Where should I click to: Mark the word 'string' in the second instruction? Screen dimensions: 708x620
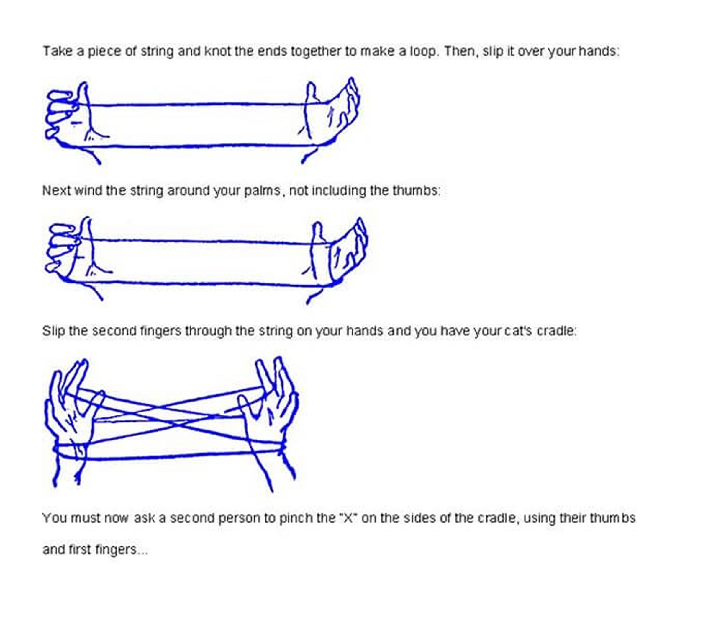[147, 191]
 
